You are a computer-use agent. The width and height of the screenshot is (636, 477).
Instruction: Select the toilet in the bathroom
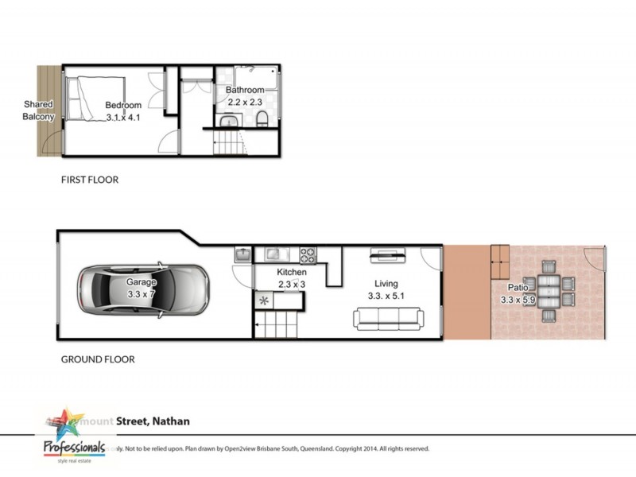pos(261,119)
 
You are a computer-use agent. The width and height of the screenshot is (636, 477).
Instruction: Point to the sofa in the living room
pos(387,319)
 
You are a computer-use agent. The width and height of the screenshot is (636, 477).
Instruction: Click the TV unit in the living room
pos(387,256)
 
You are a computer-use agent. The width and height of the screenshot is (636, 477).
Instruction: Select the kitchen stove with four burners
pos(307,255)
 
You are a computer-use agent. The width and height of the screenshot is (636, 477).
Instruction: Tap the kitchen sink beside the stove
pos(274,254)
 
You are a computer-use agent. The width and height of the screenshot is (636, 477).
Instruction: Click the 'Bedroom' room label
pos(123,105)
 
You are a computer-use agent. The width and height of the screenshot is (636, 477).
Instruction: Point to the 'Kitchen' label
pos(292,272)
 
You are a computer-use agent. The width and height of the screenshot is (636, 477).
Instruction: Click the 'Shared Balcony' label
pos(38,111)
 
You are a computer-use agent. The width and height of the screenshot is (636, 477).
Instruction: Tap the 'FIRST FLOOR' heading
pos(90,180)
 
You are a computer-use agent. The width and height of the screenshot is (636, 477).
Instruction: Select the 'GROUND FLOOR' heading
pos(98,359)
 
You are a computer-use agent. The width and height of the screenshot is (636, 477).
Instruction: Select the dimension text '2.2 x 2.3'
pos(245,102)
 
